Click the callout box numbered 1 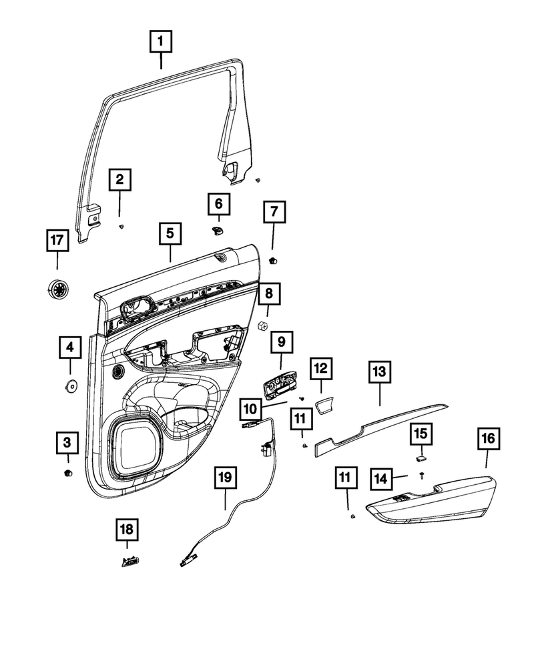[160, 43]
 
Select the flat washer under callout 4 [69, 386]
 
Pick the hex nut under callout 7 [272, 259]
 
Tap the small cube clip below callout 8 [263, 327]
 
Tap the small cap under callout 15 [421, 459]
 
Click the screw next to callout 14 [423, 475]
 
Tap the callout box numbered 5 [170, 234]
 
